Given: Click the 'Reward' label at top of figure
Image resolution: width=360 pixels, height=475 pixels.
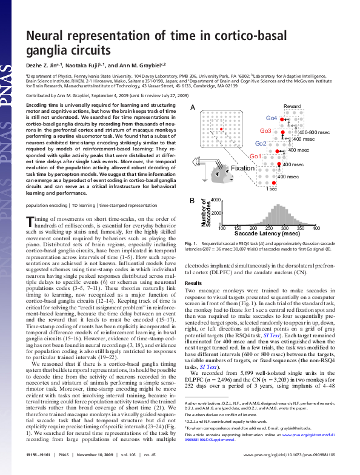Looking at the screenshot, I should (x=292, y=107).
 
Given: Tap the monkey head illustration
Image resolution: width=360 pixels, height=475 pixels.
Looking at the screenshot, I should (x=217, y=178).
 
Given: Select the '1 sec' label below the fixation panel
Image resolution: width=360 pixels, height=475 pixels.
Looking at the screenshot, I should (x=272, y=189).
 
